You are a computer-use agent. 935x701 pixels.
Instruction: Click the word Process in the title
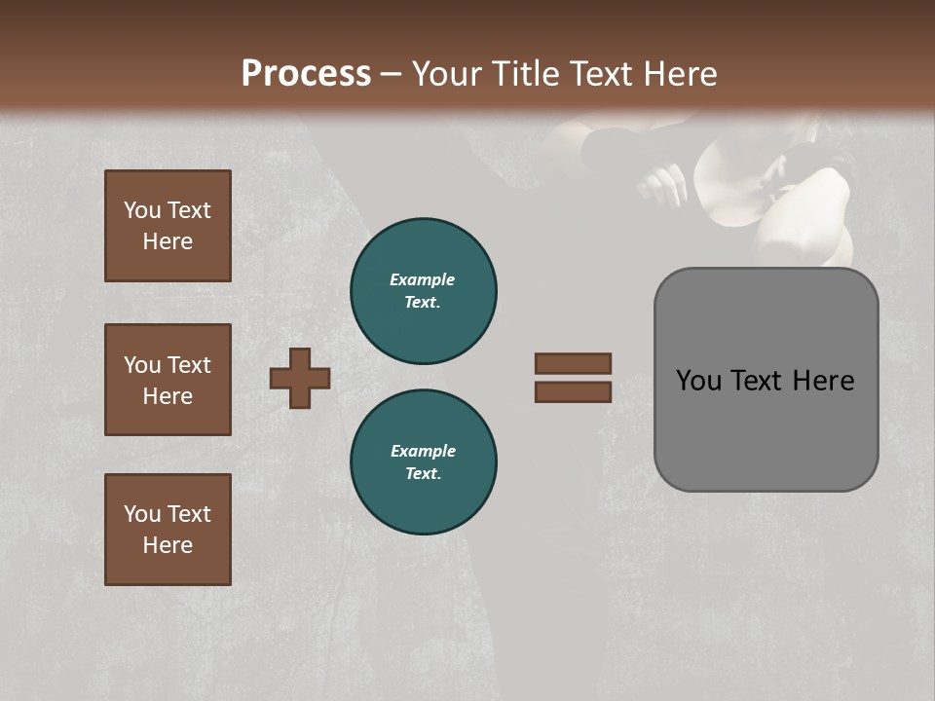(306, 74)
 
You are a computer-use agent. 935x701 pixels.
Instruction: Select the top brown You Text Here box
(168, 226)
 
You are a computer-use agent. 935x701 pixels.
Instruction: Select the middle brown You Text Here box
(168, 380)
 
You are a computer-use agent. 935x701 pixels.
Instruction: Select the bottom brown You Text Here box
(168, 530)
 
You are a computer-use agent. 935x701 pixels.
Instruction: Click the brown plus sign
(300, 378)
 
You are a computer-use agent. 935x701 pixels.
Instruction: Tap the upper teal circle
(424, 291)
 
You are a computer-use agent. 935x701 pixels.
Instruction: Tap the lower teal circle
(424, 462)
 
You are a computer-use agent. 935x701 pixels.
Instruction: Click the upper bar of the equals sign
(573, 363)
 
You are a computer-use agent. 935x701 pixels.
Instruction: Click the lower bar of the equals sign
(573, 391)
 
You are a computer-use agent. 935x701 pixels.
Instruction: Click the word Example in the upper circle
(423, 279)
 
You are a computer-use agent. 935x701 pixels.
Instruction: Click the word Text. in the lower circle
(424, 474)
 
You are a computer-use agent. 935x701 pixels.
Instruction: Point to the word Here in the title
(681, 74)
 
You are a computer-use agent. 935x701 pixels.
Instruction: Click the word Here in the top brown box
(168, 241)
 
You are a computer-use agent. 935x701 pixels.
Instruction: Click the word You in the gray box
(698, 381)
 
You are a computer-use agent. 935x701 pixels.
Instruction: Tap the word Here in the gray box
(823, 381)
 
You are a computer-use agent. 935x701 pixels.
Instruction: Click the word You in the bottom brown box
(142, 514)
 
